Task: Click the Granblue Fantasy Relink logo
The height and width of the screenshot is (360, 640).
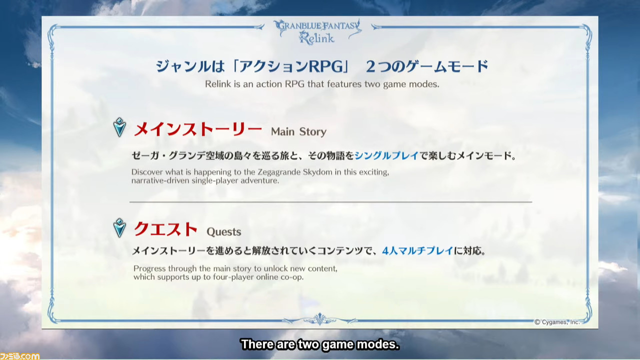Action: coord(317,32)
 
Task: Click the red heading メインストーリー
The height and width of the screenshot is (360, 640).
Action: coord(197,129)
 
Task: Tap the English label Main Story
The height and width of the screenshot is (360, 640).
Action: coord(298,131)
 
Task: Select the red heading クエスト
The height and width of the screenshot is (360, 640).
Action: coord(165,229)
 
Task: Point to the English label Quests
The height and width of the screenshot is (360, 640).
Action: coord(223,231)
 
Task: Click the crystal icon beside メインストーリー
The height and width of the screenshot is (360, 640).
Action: coord(119,127)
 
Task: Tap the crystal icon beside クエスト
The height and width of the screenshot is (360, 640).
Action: coord(119,227)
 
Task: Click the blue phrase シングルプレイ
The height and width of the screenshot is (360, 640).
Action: coord(386,155)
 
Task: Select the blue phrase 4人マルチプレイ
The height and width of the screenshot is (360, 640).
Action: coord(417,251)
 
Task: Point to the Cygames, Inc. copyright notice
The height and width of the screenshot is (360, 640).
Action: coord(557,322)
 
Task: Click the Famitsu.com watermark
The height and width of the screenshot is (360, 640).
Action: coord(19,356)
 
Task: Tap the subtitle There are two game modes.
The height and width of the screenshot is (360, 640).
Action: coord(320,344)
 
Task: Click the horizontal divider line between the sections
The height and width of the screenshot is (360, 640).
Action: coord(330,202)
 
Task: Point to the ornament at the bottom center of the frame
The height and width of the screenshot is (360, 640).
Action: coord(320,319)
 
